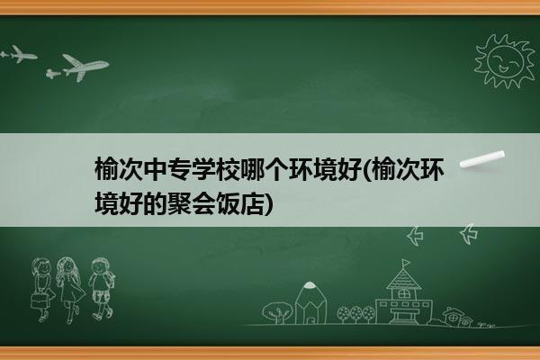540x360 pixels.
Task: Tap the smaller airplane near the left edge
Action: [19, 54]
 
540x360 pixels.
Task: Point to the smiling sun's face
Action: [506, 61]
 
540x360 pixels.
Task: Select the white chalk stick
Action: [482, 159]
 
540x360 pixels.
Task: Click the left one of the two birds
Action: [415, 236]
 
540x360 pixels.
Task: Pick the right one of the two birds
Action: [469, 234]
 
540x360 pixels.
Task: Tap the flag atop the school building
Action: [407, 263]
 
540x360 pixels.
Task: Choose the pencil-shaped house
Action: [310, 302]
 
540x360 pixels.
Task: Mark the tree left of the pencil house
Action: [277, 312]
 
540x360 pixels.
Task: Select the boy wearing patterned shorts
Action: [101, 288]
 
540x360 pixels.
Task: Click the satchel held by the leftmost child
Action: [40, 301]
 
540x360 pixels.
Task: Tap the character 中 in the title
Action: [156, 169]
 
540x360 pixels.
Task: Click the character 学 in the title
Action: [203, 169]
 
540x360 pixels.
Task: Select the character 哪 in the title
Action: [252, 169]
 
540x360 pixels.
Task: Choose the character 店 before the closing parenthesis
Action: [252, 203]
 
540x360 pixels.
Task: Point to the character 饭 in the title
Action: [228, 203]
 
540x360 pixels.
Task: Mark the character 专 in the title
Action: [179, 169]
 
